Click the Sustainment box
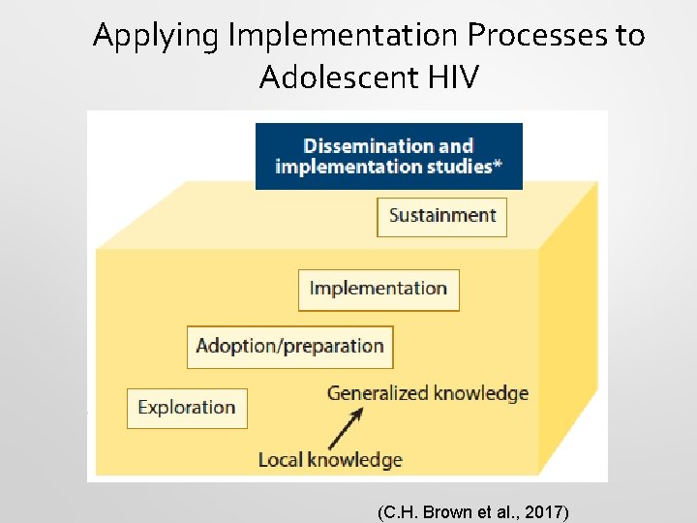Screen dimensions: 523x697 click(441, 216)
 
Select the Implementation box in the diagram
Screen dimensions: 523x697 click(378, 289)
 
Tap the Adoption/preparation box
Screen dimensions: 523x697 click(289, 347)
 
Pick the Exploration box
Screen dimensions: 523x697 click(187, 408)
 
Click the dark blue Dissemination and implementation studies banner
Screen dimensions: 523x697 click(388, 156)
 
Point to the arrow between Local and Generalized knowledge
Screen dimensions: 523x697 click(345, 427)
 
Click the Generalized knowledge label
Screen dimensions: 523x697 click(427, 393)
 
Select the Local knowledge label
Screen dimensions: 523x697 click(329, 460)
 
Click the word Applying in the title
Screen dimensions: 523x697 click(159, 37)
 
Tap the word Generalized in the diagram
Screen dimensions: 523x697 click(378, 393)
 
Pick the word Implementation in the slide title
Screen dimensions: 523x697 click(346, 37)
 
